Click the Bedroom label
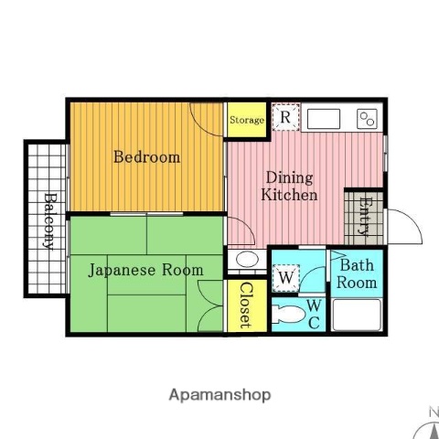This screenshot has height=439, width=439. [x=146, y=156]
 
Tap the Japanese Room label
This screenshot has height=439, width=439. [x=145, y=270]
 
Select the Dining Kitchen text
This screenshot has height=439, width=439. [x=289, y=186]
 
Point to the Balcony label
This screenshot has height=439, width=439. [x=48, y=219]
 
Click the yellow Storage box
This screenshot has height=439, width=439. [x=246, y=120]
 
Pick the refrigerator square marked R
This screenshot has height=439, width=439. [x=286, y=117]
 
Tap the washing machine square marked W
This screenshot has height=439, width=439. [x=285, y=276]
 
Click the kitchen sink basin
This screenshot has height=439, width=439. [x=323, y=118]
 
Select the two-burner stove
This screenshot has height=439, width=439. [x=367, y=118]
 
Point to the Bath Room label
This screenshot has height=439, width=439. [x=356, y=274]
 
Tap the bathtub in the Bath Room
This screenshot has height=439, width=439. [x=356, y=314]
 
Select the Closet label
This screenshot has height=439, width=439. [x=246, y=305]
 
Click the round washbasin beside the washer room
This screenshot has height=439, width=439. [x=246, y=260]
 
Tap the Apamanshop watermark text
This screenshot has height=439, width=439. [x=219, y=395]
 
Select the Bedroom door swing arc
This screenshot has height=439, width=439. [x=207, y=119]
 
